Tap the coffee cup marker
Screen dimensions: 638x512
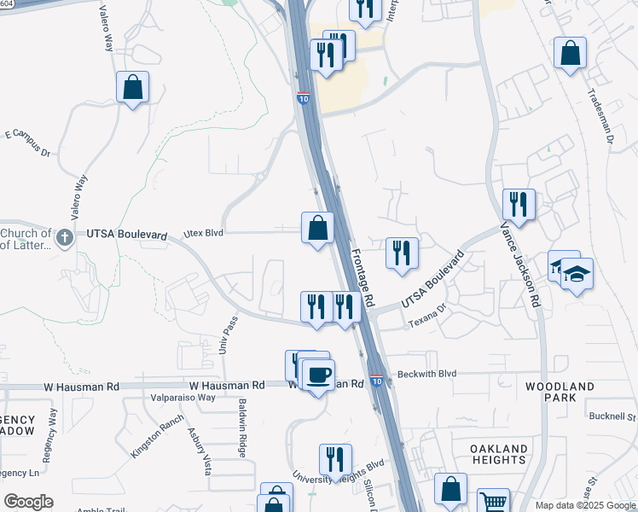point(318,375)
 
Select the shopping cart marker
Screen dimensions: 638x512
point(492,502)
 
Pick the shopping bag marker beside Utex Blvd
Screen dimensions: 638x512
point(317,229)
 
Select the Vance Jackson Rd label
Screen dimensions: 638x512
point(520,265)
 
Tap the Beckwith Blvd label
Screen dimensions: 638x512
point(427,374)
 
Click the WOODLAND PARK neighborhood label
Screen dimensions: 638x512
point(560,393)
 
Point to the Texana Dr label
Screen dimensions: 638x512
point(427,320)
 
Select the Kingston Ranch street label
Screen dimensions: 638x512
point(157,435)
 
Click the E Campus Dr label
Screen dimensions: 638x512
point(28,143)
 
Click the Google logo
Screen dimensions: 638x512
point(28,502)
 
